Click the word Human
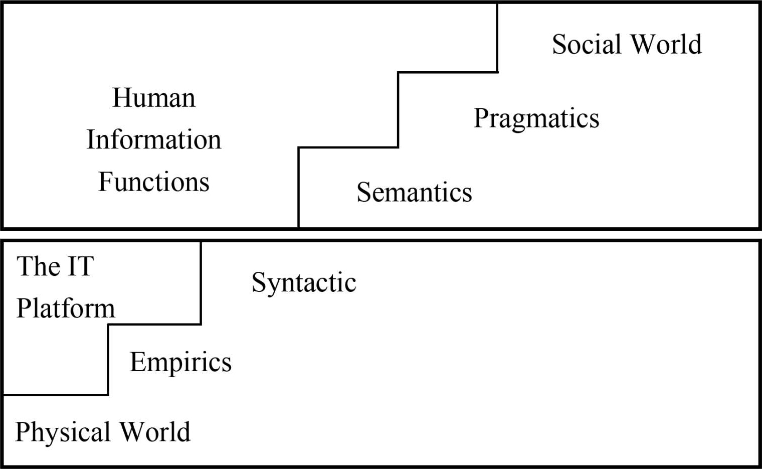pyautogui.click(x=153, y=97)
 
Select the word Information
pyautogui.click(x=153, y=139)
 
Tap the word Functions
pyautogui.click(x=153, y=182)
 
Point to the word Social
pyautogui.click(x=587, y=44)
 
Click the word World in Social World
pyautogui.click(x=666, y=44)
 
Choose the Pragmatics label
pyautogui.click(x=536, y=119)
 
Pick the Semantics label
pyautogui.click(x=414, y=192)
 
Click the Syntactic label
pyautogui.click(x=304, y=282)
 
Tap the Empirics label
pyautogui.click(x=180, y=362)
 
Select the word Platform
pyautogui.click(x=66, y=308)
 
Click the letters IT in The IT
pyautogui.click(x=80, y=266)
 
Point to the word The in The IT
pyautogui.click(x=39, y=266)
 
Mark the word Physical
pyautogui.click(x=63, y=432)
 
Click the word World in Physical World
pyautogui.click(x=155, y=432)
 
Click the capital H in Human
pyautogui.click(x=121, y=97)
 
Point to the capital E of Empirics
pyautogui.click(x=137, y=362)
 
